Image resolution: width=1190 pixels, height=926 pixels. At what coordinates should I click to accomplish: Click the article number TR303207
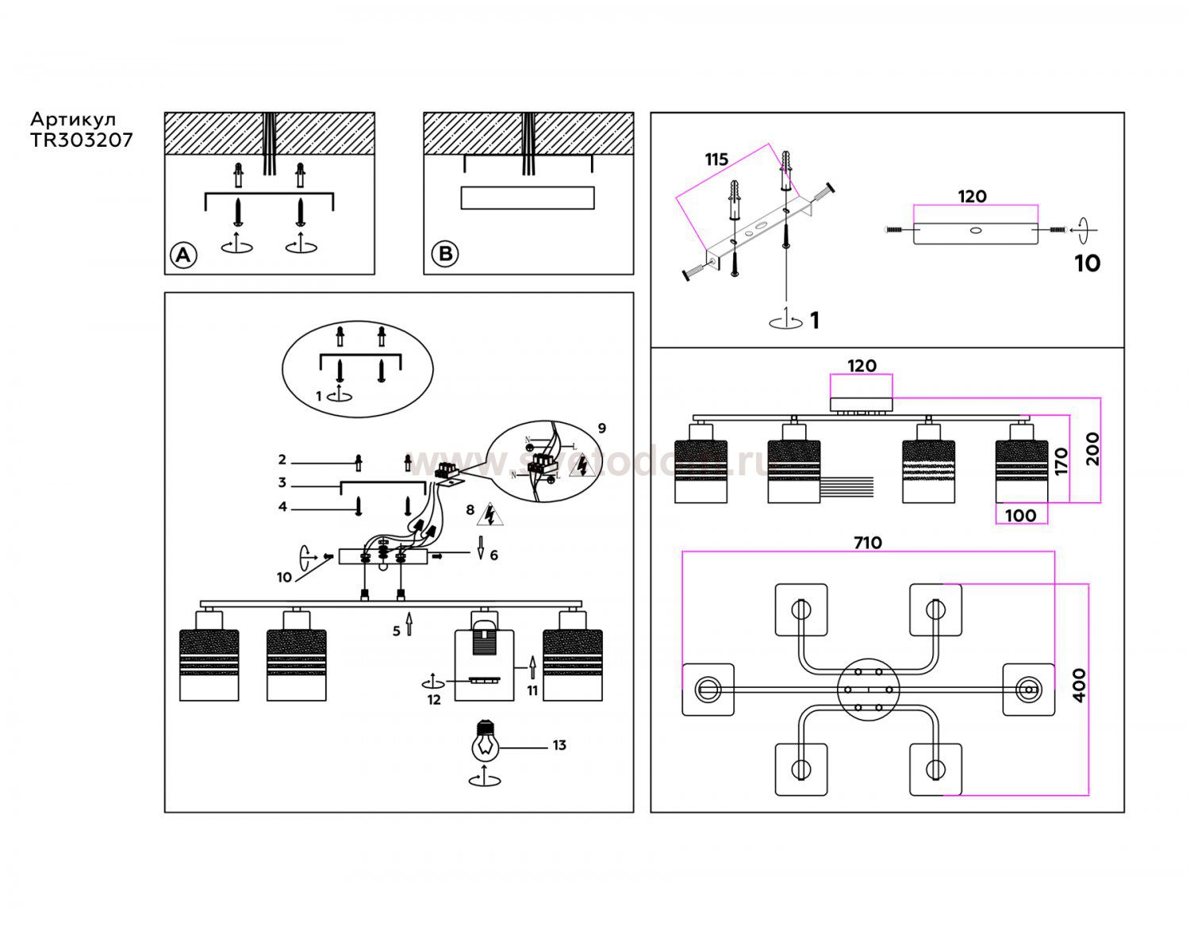pos(82,140)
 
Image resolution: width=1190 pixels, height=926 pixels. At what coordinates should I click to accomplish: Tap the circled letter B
pos(445,254)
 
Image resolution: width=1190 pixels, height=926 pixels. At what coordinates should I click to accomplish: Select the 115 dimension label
pos(716,159)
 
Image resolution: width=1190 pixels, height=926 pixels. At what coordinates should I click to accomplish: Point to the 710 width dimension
pos(867,543)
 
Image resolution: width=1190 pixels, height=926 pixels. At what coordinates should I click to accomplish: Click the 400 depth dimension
pos(1079,686)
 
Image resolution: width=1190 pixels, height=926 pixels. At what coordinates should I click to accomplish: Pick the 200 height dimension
pos(1092,448)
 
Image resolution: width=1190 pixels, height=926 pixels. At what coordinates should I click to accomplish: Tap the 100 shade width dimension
pos(1020,516)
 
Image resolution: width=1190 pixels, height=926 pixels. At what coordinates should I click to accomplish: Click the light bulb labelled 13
pos(486,740)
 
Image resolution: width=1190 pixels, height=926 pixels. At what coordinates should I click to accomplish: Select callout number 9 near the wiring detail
pos(602,428)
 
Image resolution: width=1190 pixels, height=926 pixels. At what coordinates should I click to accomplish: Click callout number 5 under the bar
pos(397,632)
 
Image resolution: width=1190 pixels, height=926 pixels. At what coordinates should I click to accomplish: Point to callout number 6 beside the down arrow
pos(493,555)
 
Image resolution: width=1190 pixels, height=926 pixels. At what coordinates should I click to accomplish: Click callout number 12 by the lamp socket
pos(434,700)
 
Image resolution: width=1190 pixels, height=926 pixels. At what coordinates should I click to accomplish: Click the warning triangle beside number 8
pos(490,516)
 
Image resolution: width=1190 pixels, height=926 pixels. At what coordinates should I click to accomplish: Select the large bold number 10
pos(1087,263)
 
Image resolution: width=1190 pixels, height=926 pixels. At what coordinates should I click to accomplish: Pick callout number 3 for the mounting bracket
pos(282,482)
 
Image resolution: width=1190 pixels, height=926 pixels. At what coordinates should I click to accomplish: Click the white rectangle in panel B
pos(528,198)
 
